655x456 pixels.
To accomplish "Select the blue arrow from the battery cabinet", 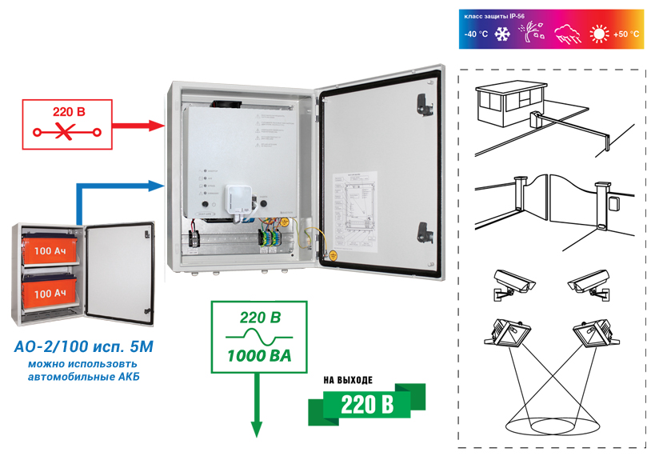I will pos(120,187).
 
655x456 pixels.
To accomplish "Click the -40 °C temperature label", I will pos(477,34).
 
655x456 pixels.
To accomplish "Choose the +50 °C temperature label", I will pos(626,34).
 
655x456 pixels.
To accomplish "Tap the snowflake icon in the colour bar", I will pos(503,34).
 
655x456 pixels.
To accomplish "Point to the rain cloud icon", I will pos(567,34).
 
